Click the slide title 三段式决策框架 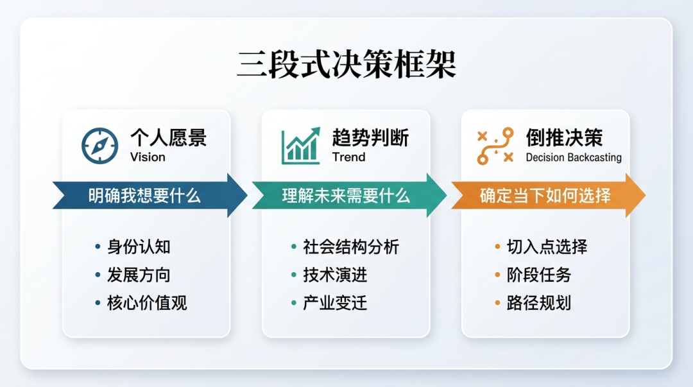tap(346, 65)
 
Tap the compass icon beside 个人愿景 tap(100, 146)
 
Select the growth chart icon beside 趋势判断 tap(301, 146)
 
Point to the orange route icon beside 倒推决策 tap(495, 146)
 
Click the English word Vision tap(148, 157)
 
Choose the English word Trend tap(348, 157)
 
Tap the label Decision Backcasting tap(574, 157)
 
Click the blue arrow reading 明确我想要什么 tap(150, 196)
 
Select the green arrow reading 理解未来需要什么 tap(349, 196)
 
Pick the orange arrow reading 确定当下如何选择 tap(548, 196)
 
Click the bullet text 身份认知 tap(139, 247)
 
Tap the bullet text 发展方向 tap(139, 275)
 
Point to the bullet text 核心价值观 tap(147, 304)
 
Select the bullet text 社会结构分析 tap(351, 247)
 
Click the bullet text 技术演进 tap(335, 275)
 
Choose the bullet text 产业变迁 tap(335, 304)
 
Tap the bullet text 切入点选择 tap(547, 247)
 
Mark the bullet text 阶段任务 tap(539, 275)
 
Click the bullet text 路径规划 tap(539, 304)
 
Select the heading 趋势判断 tap(370, 137)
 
